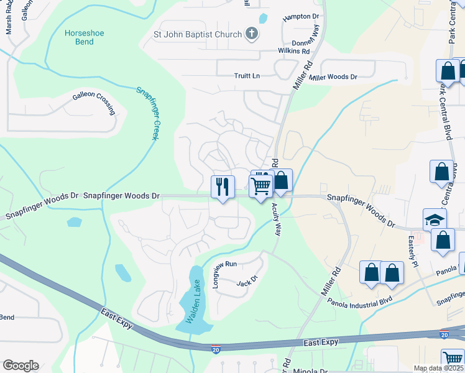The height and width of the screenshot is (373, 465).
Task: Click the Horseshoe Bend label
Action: pos(80,37)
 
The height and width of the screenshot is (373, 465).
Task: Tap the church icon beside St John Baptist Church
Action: pos(251,34)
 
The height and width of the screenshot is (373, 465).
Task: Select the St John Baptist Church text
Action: pos(197,34)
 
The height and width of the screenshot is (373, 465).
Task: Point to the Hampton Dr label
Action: pos(300,17)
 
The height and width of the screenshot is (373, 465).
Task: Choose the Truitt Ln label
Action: pos(247,76)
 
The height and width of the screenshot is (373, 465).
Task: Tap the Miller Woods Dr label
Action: pos(334,77)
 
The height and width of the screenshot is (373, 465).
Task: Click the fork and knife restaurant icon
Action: pos(223,185)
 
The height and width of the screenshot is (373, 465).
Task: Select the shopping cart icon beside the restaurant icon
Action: pos(261,185)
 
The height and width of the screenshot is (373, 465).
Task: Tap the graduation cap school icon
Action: pos(435,219)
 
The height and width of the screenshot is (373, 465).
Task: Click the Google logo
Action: pos(21,366)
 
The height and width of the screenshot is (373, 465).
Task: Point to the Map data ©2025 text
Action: pos(438,368)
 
